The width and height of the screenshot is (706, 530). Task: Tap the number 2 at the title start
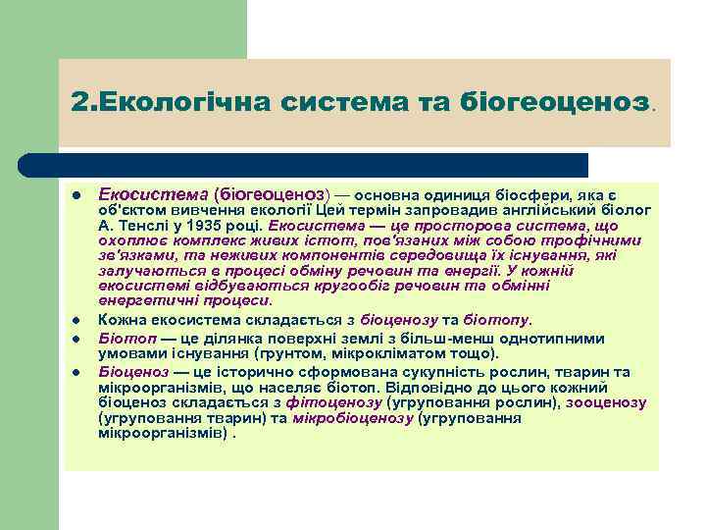click(78, 102)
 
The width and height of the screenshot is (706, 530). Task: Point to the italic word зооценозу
click(605, 403)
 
